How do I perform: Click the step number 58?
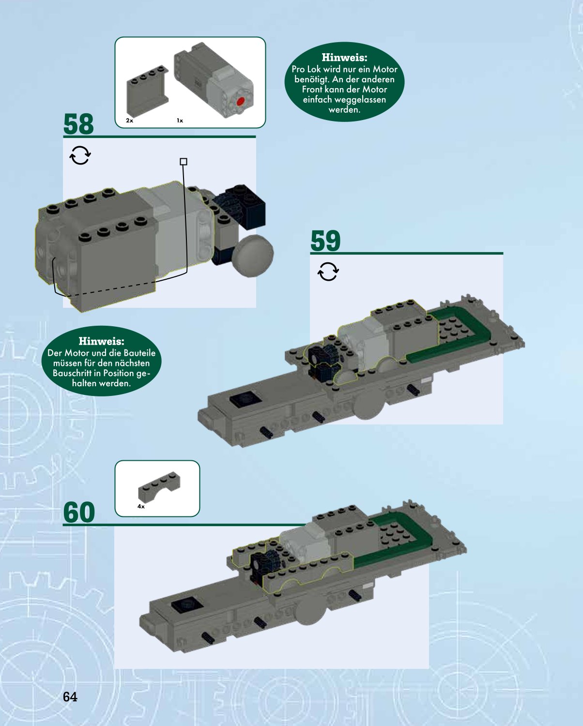(x=78, y=124)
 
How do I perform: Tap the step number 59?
(x=325, y=241)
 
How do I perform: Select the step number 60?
(x=79, y=512)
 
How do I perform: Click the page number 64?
(x=70, y=697)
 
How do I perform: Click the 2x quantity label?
(x=130, y=121)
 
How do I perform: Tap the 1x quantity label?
(x=180, y=121)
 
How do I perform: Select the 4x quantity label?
(x=141, y=506)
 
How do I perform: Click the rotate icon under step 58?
(x=80, y=155)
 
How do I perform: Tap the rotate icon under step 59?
(x=328, y=272)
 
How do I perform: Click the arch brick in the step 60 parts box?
(x=159, y=486)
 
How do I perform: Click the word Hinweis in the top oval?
(x=344, y=57)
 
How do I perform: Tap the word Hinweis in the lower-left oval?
(x=101, y=341)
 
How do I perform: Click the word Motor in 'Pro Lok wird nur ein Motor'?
(x=385, y=69)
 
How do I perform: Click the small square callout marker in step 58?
(x=184, y=162)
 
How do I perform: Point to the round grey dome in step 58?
(x=254, y=256)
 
